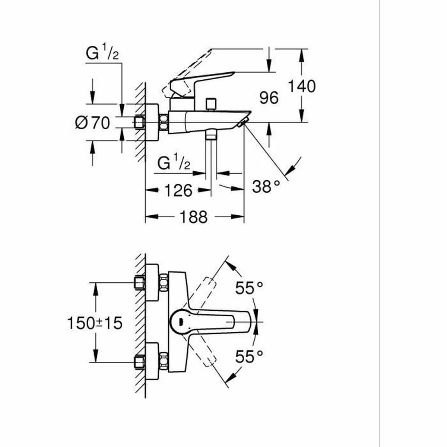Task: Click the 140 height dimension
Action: coord(302,86)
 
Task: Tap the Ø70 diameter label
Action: coord(93,123)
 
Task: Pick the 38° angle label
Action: coord(266,186)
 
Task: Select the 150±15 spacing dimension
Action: coord(95,323)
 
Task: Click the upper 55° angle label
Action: coord(249,288)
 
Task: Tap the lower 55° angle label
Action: coord(249,357)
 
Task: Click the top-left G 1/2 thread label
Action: coord(102,54)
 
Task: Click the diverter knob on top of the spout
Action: coord(212,104)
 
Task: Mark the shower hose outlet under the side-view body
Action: coord(211,135)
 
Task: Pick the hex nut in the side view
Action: coord(164,122)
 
